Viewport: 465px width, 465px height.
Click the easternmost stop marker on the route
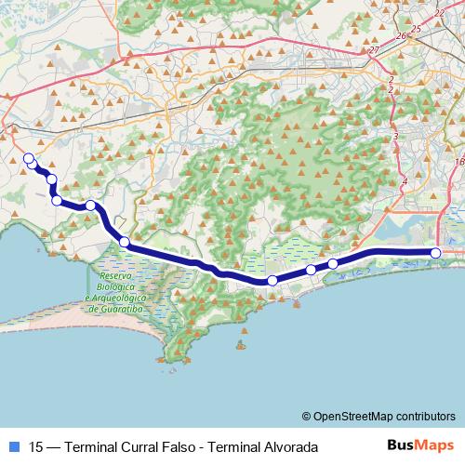pyautogui.click(x=435, y=253)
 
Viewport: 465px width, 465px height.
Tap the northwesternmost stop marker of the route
pyautogui.click(x=28, y=158)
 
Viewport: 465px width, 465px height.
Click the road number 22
pyautogui.click(x=439, y=13)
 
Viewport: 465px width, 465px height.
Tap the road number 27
pyautogui.click(x=374, y=49)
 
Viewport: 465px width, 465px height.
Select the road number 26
pyautogui.click(x=401, y=36)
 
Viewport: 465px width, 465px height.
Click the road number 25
pyautogui.click(x=416, y=29)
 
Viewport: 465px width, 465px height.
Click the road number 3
pyautogui.click(x=395, y=137)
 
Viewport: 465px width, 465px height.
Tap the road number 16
pyautogui.click(x=459, y=161)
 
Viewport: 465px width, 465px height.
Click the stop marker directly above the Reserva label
pyautogui.click(x=124, y=243)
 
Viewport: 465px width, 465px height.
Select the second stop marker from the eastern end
pyautogui.click(x=333, y=264)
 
